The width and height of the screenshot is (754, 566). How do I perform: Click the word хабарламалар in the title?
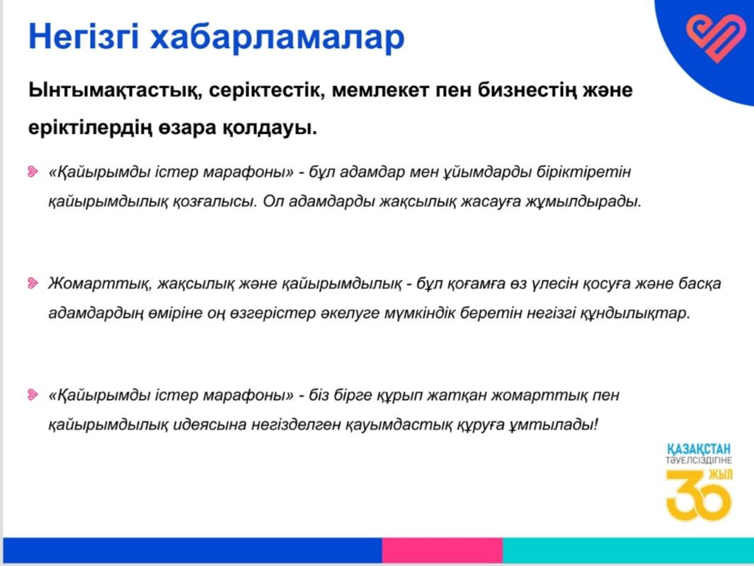[x=277, y=37]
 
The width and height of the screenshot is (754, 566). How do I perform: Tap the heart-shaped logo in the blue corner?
[x=716, y=38]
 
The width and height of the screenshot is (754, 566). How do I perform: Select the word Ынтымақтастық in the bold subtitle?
[x=115, y=91]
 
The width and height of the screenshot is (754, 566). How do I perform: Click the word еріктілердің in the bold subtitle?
[x=89, y=129]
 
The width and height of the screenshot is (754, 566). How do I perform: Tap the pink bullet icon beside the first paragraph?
[x=33, y=172]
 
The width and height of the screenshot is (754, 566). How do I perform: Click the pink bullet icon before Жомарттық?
[x=33, y=283]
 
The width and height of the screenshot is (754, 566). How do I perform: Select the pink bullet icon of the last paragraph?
[x=33, y=395]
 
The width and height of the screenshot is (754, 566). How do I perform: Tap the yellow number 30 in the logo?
[x=698, y=497]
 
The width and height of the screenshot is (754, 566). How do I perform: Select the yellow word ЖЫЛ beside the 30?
[x=721, y=475]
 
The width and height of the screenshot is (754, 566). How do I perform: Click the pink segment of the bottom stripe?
[x=442, y=550]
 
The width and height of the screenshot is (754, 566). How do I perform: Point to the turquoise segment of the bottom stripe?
[x=629, y=550]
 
